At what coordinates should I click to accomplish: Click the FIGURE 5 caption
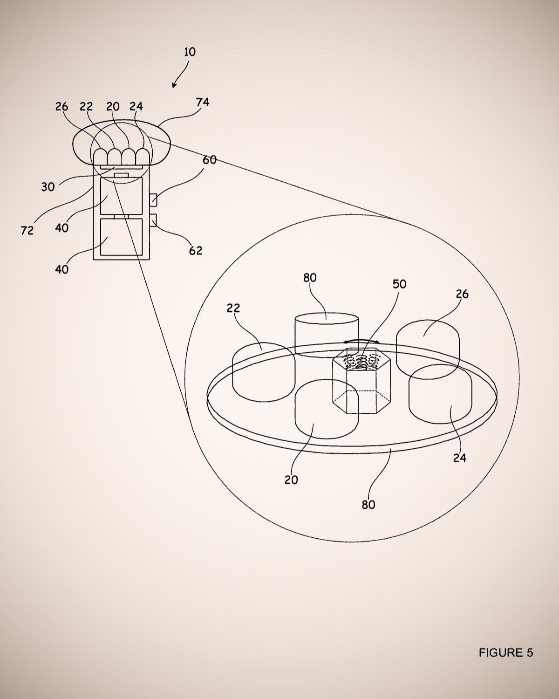506,652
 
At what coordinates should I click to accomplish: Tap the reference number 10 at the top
190,52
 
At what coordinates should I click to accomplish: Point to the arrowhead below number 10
174,85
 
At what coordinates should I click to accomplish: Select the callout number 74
203,103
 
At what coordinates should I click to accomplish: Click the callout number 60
210,160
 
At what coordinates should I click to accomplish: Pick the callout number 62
196,250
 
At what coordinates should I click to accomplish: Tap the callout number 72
27,231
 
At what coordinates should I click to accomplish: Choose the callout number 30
48,187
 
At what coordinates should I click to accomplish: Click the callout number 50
400,284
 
